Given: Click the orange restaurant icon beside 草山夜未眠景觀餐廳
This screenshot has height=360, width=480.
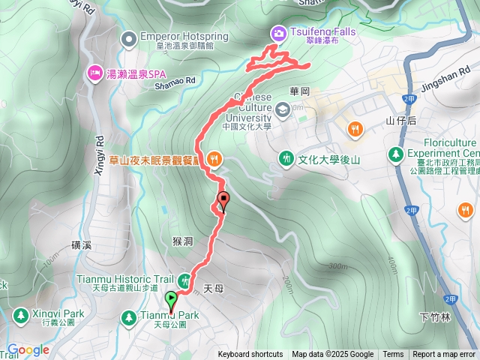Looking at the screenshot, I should click(x=214, y=158).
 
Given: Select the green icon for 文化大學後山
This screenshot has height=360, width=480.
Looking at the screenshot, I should click(x=286, y=158).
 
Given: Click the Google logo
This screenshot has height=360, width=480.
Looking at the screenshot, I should click(x=28, y=349).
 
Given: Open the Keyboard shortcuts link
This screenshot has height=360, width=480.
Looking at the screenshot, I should click(x=250, y=355).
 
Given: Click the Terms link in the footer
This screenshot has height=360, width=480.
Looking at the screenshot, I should click(x=393, y=355).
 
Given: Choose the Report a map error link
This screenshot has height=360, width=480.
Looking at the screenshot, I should click(x=444, y=355).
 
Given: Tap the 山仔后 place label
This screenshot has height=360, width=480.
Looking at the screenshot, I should click(x=400, y=120).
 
